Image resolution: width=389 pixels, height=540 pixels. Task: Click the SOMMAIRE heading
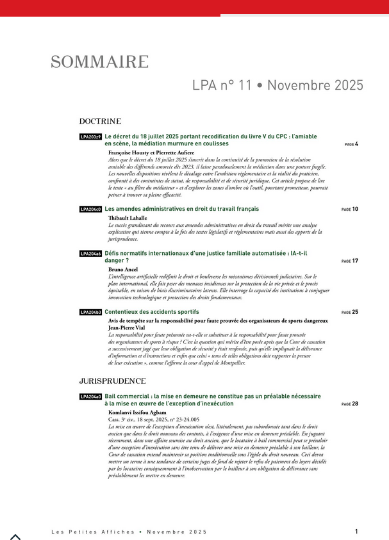tap(99, 62)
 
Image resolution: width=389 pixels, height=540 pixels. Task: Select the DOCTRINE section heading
tap(100, 121)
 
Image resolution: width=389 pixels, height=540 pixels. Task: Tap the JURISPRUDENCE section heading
tap(113, 380)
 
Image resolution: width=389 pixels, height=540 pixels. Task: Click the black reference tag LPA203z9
tap(90, 136)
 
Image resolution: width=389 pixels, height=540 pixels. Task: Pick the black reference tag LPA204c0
tap(90, 209)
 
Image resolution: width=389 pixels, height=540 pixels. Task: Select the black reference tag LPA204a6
tap(90, 254)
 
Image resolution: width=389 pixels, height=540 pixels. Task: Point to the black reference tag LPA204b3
tap(90, 312)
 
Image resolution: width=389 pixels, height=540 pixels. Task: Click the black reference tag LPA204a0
tap(90, 397)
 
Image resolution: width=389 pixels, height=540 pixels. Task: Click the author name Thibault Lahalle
tap(128, 218)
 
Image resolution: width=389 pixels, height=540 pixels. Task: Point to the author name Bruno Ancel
tap(123, 270)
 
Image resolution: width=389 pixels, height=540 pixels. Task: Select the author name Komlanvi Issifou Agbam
tap(142, 413)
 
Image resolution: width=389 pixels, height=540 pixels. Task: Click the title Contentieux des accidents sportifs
tap(152, 312)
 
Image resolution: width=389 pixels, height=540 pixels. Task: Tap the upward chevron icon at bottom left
tap(15, 537)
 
